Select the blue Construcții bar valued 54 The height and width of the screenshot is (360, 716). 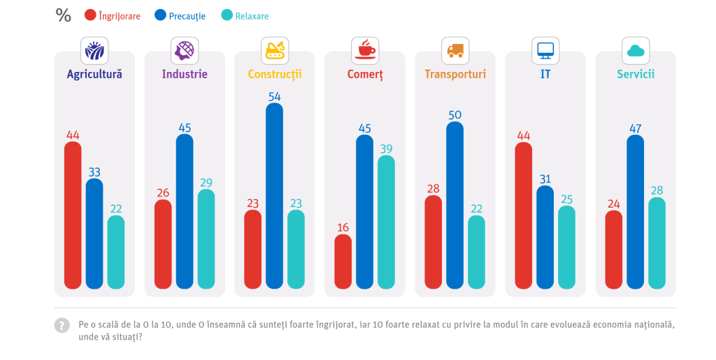coord(274,196)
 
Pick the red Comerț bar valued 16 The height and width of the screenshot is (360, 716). coord(343,261)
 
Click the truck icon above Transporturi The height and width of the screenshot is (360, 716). coord(455,51)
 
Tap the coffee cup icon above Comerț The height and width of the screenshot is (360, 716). coord(365,51)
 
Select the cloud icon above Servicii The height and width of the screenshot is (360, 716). coord(636,51)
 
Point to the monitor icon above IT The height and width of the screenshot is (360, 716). coord(545,51)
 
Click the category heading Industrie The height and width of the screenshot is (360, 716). coord(185,74)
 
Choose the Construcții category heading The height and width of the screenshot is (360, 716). coord(274,74)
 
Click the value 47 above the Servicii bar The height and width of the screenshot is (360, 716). coord(635,128)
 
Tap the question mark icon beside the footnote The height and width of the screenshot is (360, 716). coord(62,325)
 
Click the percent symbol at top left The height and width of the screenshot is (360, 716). coord(63,15)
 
